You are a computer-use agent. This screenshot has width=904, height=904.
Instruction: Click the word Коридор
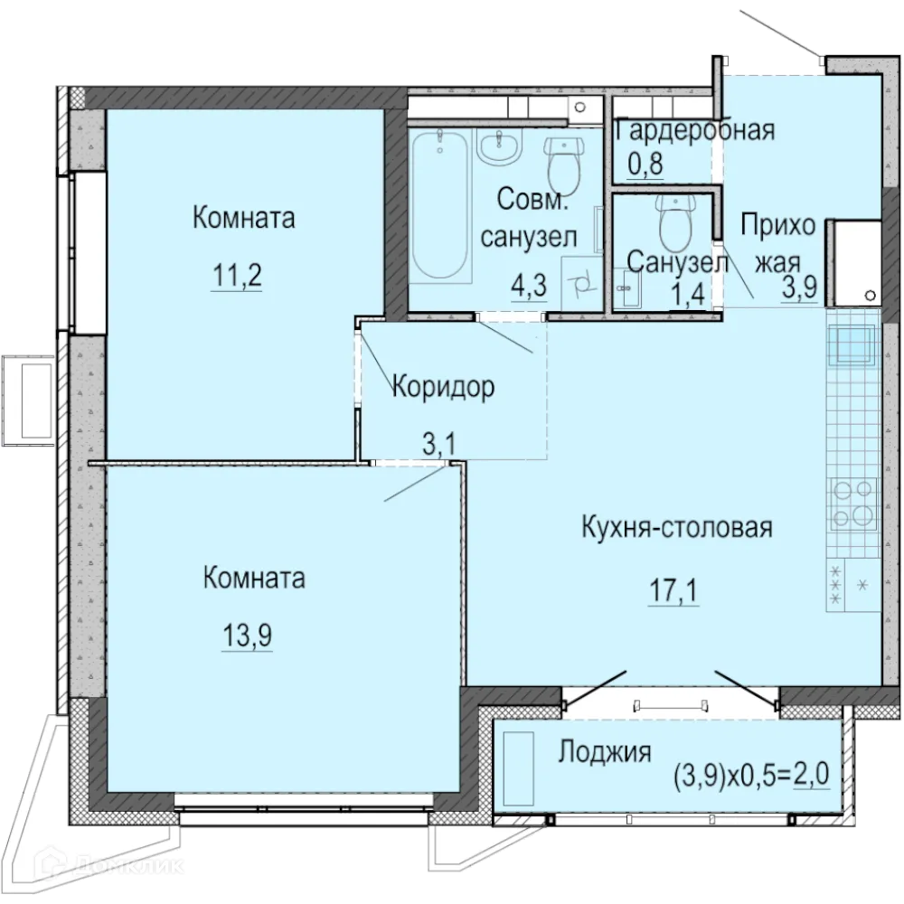443,388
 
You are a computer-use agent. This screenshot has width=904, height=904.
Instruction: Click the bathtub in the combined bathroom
440,207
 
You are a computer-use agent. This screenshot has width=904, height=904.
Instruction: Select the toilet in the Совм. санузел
566,163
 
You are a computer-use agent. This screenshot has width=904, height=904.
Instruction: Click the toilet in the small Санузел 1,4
676,222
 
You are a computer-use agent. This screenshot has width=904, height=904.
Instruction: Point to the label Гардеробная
694,130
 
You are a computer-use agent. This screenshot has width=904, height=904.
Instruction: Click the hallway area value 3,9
801,287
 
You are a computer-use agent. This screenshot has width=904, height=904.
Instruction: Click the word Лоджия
605,752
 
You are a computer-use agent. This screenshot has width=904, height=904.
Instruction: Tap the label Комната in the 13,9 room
254,578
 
